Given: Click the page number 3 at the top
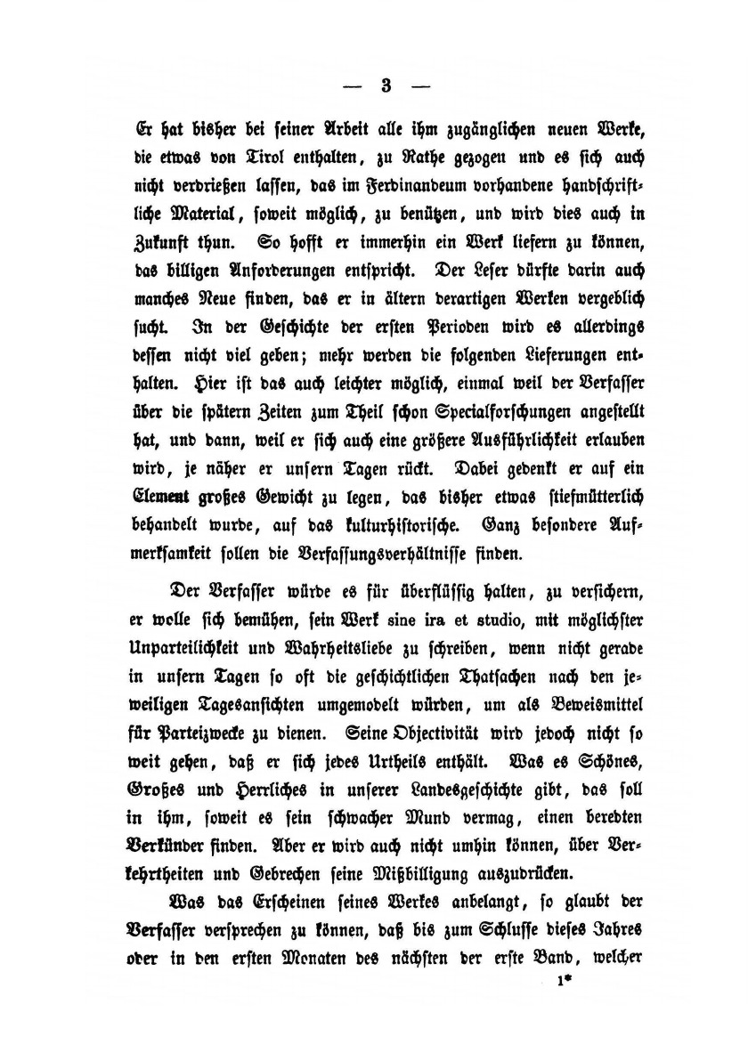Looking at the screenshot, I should pyautogui.click(x=386, y=86).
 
